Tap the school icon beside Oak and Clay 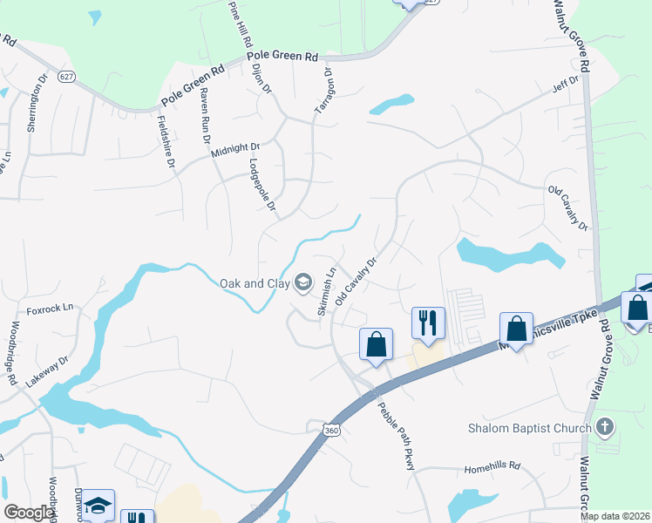pos(303,282)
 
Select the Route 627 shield pos(66,77)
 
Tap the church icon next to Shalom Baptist pos(606,427)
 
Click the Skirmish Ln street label pos(326,290)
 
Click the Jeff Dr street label pos(565,87)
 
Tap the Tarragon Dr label pos(324,92)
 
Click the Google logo pos(30,513)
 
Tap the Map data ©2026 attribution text pos(615,516)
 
